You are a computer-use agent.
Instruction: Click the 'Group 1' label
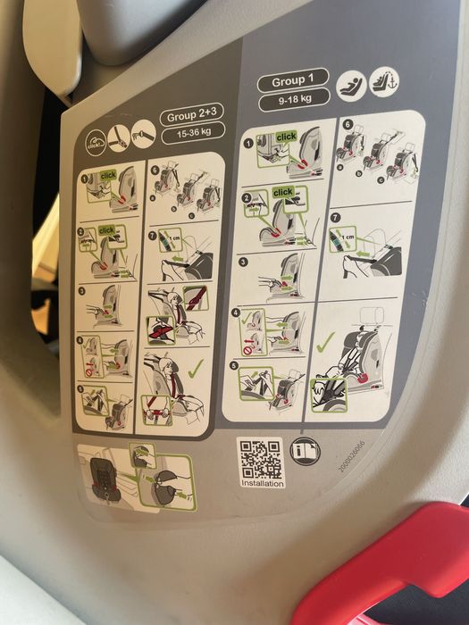click(293, 82)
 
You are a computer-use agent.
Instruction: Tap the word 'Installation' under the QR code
click(264, 484)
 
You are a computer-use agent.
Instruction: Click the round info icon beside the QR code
click(304, 451)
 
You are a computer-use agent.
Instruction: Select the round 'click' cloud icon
click(96, 144)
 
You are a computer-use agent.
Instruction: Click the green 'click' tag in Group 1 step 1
click(286, 137)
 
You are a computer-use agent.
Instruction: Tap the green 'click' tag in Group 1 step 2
click(282, 192)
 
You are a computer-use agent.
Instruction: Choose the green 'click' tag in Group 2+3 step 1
click(107, 175)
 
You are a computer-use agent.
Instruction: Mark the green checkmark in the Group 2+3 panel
click(193, 366)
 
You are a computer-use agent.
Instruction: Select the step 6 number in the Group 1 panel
click(348, 127)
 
